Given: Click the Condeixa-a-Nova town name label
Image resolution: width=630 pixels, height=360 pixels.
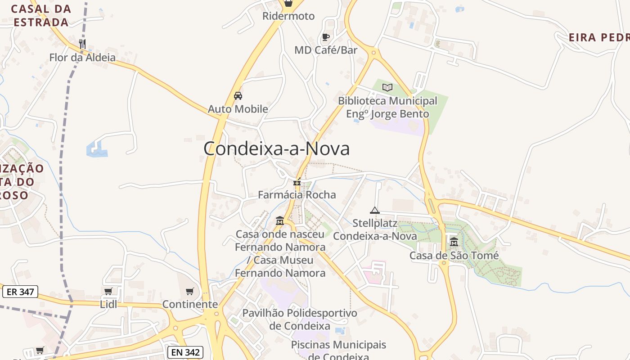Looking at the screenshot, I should [x=276, y=149].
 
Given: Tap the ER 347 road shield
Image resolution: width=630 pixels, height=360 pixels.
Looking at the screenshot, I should [x=20, y=292].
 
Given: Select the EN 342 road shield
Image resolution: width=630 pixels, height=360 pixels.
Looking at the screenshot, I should [x=185, y=352].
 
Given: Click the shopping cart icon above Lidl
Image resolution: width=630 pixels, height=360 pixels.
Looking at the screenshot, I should [x=108, y=291].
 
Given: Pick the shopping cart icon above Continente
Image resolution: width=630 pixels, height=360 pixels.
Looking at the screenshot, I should [x=190, y=291].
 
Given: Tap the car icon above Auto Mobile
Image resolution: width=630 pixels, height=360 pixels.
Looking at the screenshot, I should [x=238, y=95].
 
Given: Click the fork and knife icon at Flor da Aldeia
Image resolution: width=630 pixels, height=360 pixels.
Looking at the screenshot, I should [x=82, y=44].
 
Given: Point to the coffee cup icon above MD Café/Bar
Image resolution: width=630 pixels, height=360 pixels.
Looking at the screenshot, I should [x=326, y=37].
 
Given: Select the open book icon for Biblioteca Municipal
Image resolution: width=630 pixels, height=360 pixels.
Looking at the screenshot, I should [x=387, y=87].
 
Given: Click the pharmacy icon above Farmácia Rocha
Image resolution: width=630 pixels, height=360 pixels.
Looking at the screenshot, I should [x=297, y=182].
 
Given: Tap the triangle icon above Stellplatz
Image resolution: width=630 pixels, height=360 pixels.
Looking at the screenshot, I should [x=375, y=210].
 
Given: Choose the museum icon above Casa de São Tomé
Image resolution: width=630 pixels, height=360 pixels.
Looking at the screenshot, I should [x=454, y=242].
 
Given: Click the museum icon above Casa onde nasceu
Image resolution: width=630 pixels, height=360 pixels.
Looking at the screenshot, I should [x=280, y=221].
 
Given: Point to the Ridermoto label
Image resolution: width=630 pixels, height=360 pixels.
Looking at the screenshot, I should [x=288, y=16].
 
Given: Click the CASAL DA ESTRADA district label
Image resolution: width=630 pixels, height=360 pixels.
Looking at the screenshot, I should [x=41, y=15].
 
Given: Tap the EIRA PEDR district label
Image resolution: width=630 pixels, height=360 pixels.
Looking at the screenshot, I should [x=599, y=37].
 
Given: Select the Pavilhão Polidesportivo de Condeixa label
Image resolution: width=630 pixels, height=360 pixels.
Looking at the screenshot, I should [x=299, y=319].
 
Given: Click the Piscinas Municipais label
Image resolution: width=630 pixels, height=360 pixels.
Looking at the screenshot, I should [x=338, y=345].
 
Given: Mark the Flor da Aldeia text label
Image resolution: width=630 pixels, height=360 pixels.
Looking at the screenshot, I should [x=82, y=58].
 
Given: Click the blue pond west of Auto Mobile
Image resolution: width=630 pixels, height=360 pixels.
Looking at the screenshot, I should [x=96, y=149].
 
